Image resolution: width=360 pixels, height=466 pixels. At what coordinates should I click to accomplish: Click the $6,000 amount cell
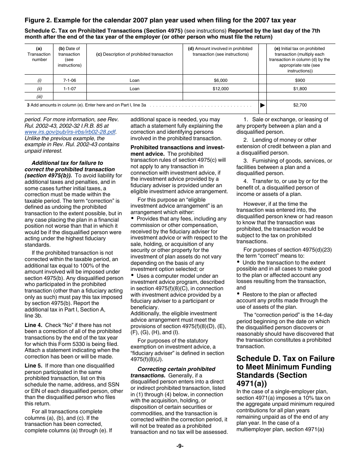click(221, 80)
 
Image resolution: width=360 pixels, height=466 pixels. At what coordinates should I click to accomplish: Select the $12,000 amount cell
click(221, 89)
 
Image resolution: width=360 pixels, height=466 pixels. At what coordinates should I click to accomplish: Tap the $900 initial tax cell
click(300, 80)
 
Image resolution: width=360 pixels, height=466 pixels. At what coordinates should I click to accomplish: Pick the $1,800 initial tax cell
click(300, 89)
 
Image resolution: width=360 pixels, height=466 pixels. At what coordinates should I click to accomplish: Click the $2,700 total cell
click(300, 105)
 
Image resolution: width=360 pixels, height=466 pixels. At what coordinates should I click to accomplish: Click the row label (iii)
click(39, 97)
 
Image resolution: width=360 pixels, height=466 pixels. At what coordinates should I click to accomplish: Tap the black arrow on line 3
click(263, 105)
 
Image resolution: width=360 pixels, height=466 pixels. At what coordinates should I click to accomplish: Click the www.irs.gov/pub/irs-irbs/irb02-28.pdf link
click(70, 132)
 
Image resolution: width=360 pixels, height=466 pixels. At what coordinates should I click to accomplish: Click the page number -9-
click(180, 446)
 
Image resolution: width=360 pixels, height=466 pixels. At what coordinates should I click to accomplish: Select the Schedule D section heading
click(285, 371)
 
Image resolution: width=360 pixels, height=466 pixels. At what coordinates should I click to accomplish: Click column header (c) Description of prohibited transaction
click(134, 54)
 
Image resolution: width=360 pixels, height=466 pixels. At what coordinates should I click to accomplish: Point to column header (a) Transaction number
click(39, 54)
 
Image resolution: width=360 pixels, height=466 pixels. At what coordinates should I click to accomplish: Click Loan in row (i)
click(134, 80)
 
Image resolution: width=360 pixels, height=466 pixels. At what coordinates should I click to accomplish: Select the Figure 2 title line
click(160, 20)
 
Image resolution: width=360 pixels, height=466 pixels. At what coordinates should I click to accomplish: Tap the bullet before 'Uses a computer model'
click(133, 275)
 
